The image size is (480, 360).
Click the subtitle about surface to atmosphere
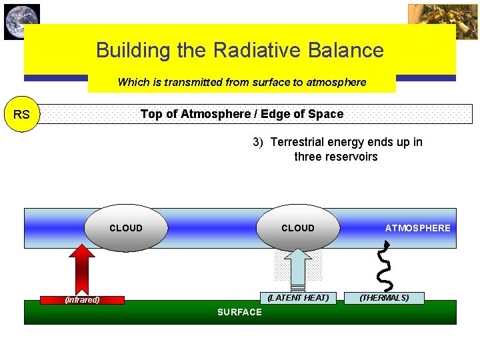242,82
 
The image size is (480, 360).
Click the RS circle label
21,114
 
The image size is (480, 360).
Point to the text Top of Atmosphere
194,114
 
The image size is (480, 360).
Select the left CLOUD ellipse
126,228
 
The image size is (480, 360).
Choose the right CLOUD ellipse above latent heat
298,228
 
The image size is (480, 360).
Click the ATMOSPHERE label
417,228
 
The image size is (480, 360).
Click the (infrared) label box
83,299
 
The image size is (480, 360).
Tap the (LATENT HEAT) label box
298,298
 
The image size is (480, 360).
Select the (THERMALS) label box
385,298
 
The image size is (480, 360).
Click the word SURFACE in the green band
240,312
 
